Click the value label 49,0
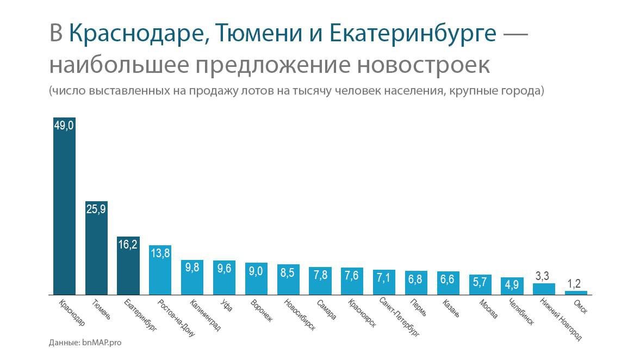(64, 126)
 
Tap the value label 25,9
(96, 209)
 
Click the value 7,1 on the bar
(384, 278)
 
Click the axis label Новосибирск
(301, 315)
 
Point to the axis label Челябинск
(522, 311)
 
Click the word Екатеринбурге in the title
(413, 34)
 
